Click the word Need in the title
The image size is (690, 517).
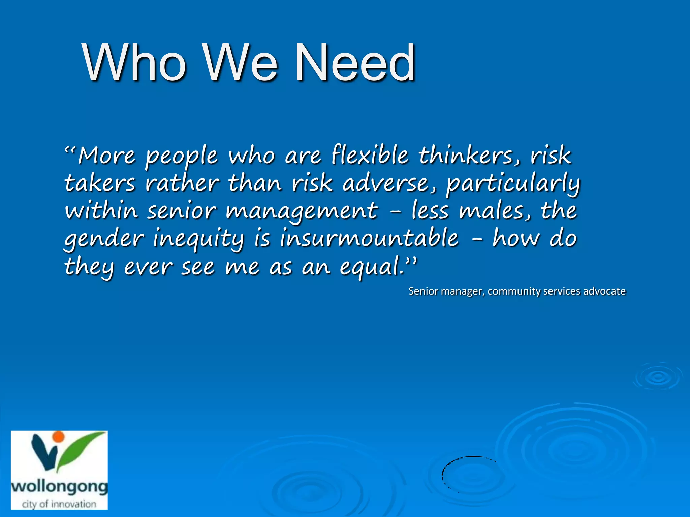click(355, 63)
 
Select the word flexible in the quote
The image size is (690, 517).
click(370, 156)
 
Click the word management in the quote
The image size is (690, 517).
click(302, 211)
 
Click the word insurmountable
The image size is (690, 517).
click(369, 238)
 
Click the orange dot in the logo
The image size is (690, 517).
click(59, 437)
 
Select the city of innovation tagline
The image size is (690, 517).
click(59, 504)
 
